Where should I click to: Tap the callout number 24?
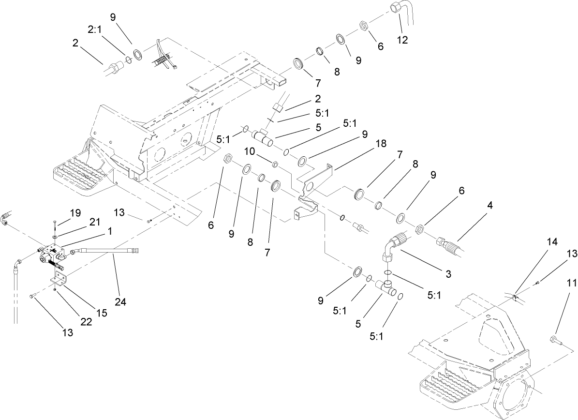(120, 302)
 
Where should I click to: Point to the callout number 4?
(490, 205)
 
